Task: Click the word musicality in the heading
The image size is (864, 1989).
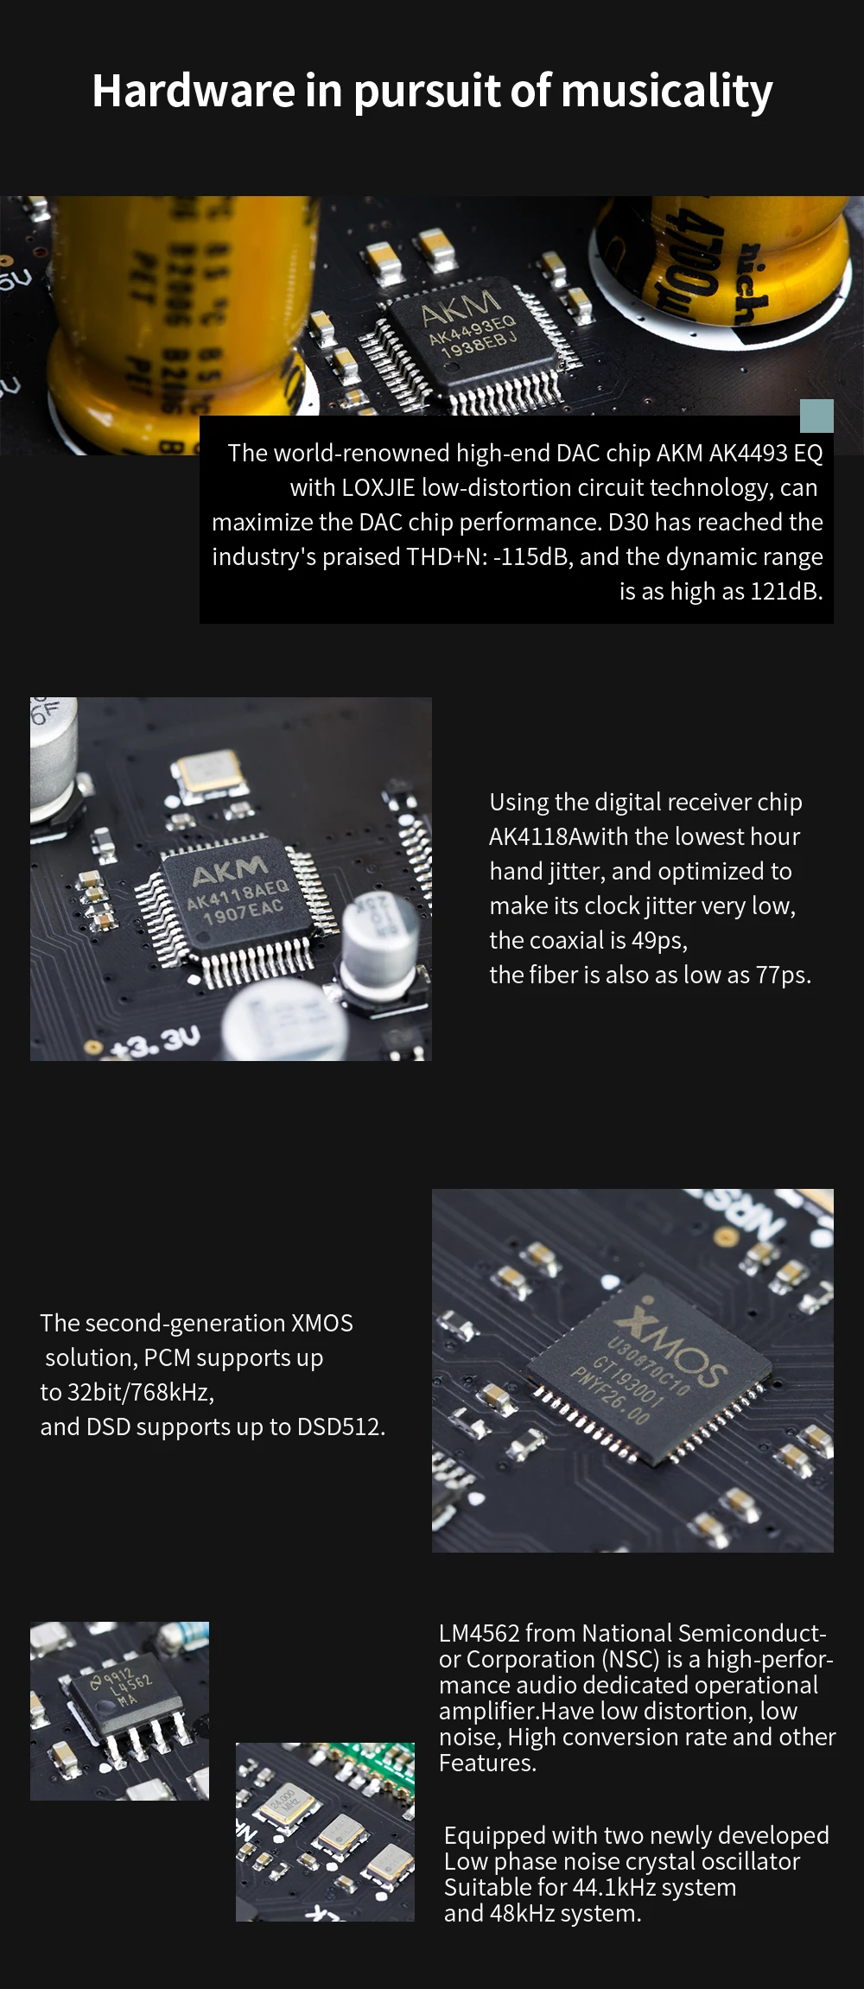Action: coord(666,92)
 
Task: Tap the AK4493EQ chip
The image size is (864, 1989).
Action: coord(472,333)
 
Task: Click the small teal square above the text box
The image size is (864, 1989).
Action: coord(816,416)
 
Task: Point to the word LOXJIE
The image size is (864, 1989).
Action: coord(378,487)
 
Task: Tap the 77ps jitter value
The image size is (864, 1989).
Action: coord(781,975)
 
